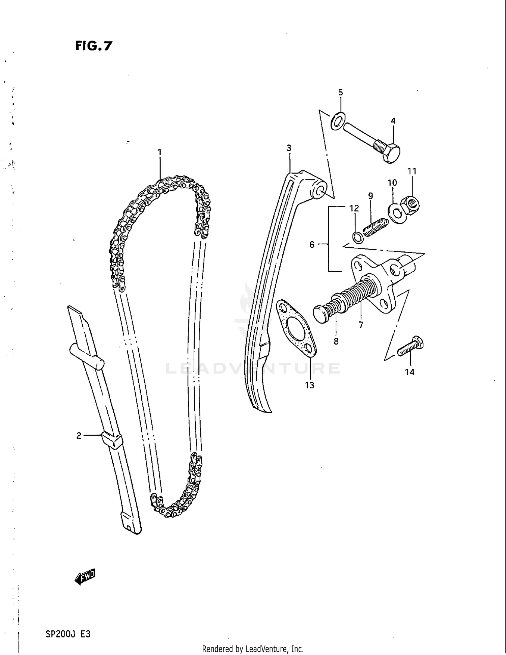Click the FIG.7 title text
coord(93,46)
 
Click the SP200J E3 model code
coord(68,634)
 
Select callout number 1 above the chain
coord(160,152)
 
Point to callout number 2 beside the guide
coord(79,436)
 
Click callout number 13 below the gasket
coord(309,385)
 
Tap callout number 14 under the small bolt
coord(409,372)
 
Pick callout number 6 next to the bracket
coord(312,244)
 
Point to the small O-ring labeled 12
coord(357,238)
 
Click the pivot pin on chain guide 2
coord(87,357)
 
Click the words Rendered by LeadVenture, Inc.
coord(253,649)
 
